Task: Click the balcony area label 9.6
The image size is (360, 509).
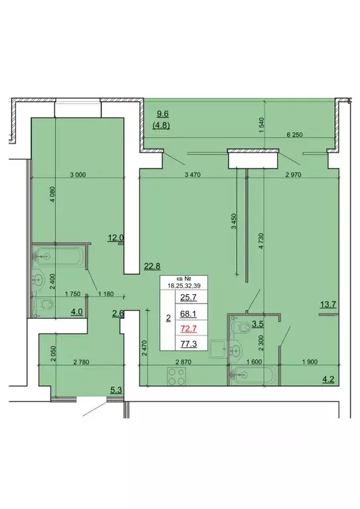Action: click(162, 113)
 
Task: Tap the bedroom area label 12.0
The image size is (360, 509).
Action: click(117, 237)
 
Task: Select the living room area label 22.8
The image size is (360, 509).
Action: click(152, 267)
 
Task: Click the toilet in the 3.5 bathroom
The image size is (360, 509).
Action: click(237, 325)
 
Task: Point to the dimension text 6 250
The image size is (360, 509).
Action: click(295, 135)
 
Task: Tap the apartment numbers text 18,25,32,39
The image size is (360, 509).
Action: click(185, 287)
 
